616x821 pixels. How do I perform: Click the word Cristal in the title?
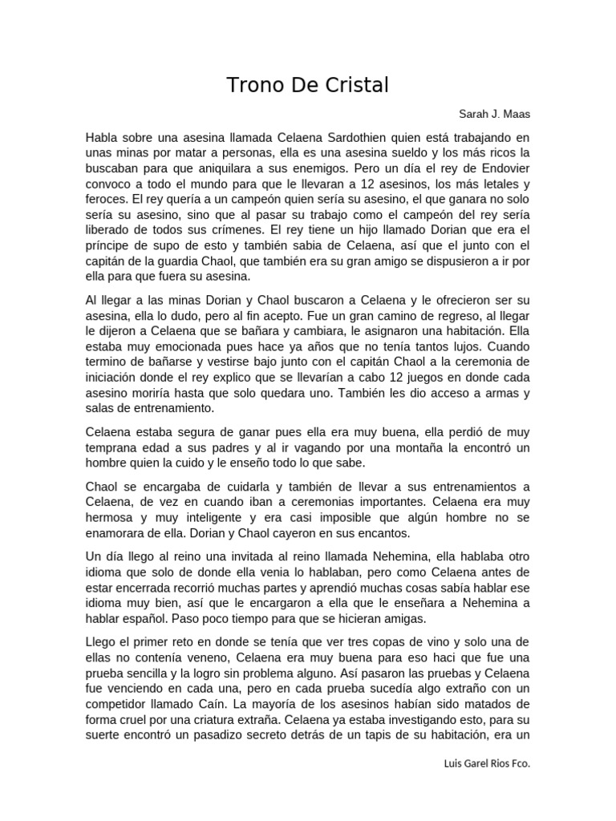click(x=354, y=86)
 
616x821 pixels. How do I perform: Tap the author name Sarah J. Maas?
click(x=493, y=114)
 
